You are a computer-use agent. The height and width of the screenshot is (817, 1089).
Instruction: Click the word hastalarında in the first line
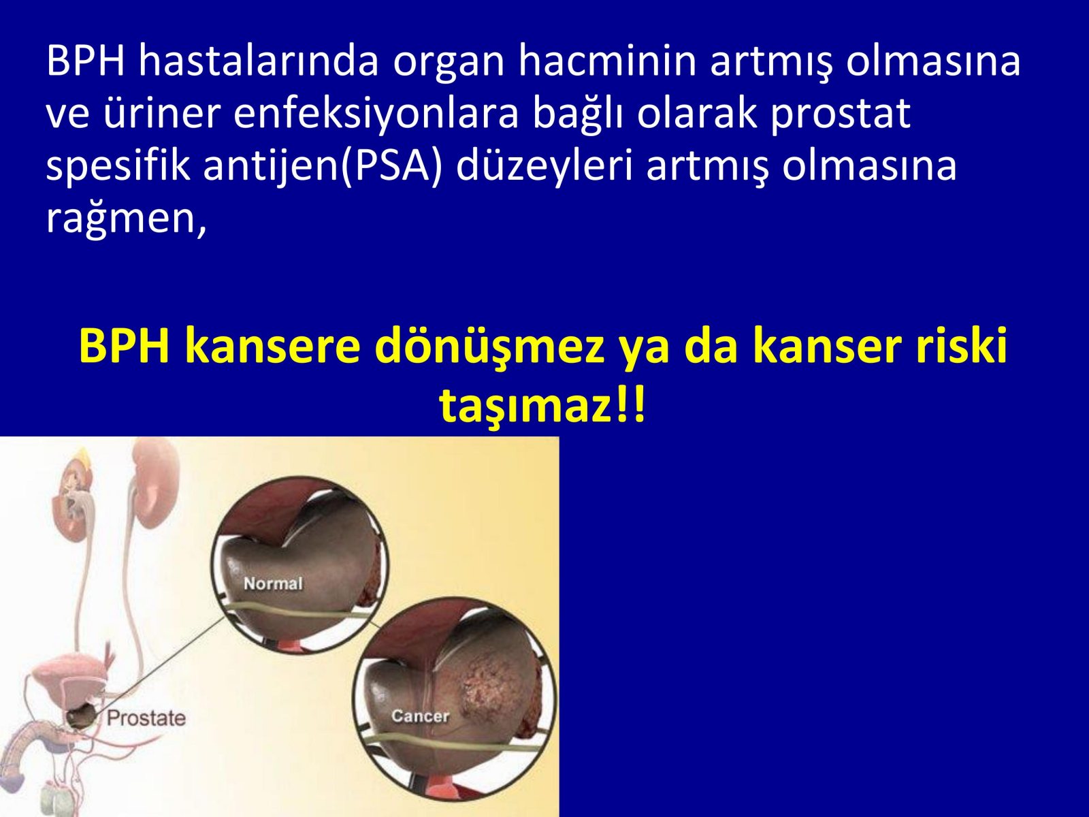[x=259, y=61]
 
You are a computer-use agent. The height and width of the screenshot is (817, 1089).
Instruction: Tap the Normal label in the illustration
[x=273, y=583]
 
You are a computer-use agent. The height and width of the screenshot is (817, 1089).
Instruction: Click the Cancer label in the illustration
[x=420, y=716]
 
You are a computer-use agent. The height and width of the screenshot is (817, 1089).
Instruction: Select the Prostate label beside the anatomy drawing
[x=146, y=718]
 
